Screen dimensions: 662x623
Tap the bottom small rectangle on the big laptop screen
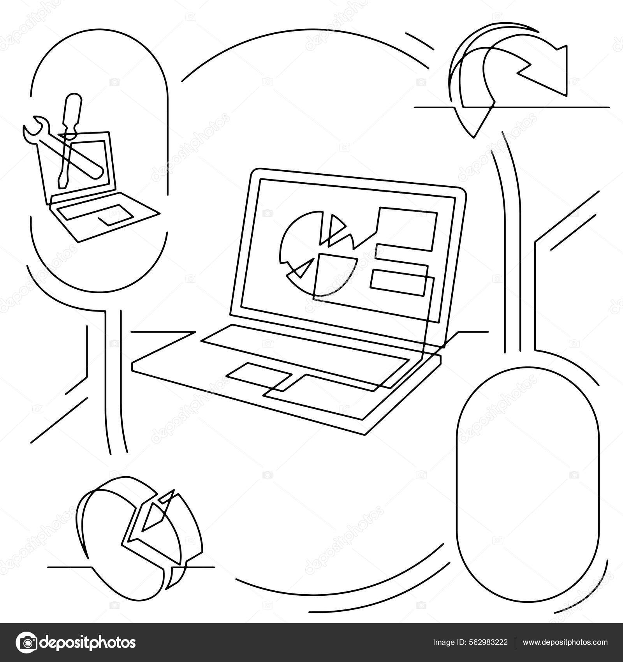[x=397, y=281]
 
